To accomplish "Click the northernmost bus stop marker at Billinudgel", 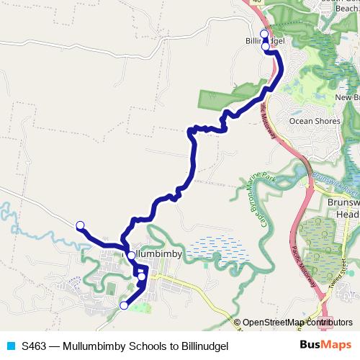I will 264,34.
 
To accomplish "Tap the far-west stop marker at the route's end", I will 80,225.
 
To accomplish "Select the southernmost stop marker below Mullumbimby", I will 123,305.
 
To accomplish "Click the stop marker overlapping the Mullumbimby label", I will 131,255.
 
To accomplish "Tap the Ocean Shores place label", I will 314,121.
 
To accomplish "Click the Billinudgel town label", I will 266,41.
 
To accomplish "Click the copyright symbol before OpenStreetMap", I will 238,322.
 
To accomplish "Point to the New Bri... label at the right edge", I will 347,97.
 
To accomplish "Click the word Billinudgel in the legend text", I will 203,346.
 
